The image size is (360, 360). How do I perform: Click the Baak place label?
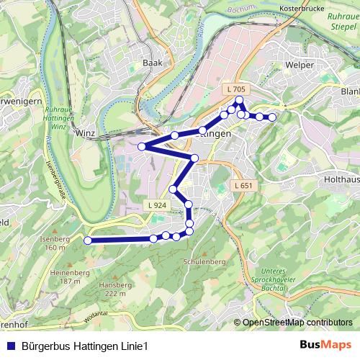(153, 63)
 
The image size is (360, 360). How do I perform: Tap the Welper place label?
(300, 65)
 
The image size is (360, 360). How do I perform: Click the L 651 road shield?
(245, 186)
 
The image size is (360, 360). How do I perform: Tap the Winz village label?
(85, 133)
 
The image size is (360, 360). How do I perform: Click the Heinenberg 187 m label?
(66, 276)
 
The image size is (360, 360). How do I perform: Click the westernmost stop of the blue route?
(88, 240)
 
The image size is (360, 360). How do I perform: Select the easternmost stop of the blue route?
(272, 117)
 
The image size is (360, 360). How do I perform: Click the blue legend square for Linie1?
(10, 346)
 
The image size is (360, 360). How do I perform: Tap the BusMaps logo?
(325, 346)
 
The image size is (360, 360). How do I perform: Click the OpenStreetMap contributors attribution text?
(297, 323)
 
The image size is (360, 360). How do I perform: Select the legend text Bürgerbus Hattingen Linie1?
(85, 346)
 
